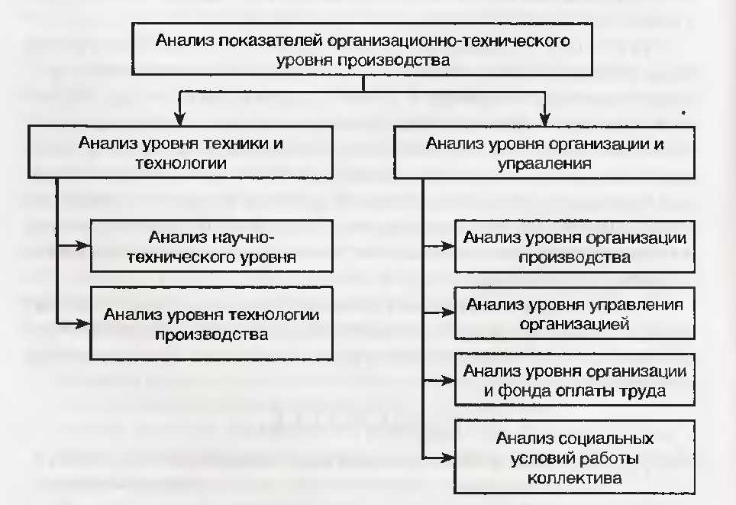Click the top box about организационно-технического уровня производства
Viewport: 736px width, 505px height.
[362, 49]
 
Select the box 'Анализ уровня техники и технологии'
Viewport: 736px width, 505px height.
[180, 152]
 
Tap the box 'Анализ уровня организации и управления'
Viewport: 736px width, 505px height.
[544, 152]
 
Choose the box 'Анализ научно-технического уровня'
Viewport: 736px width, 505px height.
[211, 246]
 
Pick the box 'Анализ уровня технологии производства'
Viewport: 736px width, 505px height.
[211, 324]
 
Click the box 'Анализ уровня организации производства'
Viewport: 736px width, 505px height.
[575, 246]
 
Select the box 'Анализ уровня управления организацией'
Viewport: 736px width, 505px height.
[575, 313]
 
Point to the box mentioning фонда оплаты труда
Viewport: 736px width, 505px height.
[575, 380]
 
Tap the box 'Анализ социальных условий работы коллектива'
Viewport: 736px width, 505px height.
[575, 457]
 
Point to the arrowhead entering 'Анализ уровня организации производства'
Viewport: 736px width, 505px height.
[448, 246]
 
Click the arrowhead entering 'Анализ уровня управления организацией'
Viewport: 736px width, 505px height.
[448, 312]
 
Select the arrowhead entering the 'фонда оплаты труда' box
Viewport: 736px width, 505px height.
[448, 380]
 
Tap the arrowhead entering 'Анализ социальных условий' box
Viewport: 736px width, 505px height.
[448, 457]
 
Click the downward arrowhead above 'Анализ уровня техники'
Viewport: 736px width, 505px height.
[179, 119]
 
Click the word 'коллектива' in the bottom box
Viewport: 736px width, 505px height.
[575, 478]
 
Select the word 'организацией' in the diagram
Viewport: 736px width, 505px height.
[575, 324]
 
